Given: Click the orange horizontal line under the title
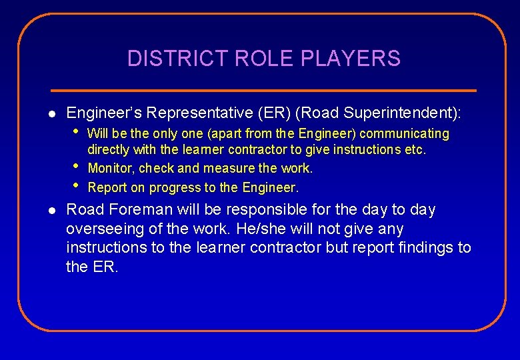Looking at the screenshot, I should [264, 90].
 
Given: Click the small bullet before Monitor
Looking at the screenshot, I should [77, 165].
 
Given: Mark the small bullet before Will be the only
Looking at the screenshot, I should [77, 131].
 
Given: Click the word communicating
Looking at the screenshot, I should [405, 134].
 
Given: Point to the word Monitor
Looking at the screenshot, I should [109, 169].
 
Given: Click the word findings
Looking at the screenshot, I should [420, 248].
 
